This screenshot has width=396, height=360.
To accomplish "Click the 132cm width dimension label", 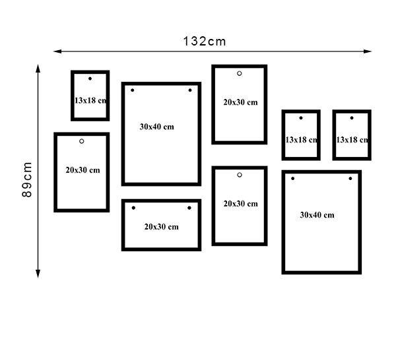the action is pyautogui.click(x=205, y=42).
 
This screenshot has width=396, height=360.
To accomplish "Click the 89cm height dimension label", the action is pyautogui.click(x=27, y=179).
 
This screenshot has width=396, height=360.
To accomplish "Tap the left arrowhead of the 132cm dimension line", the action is pyautogui.click(x=57, y=51).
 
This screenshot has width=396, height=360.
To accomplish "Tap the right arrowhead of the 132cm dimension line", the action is pyautogui.click(x=368, y=51).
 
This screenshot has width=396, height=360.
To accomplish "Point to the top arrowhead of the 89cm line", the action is pyautogui.click(x=38, y=69).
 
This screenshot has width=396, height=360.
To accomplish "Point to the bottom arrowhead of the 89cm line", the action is pyautogui.click(x=38, y=274).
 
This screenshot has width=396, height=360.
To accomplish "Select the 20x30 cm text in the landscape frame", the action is pyautogui.click(x=162, y=227).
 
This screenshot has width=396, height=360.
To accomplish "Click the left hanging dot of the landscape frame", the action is pyautogui.click(x=133, y=208).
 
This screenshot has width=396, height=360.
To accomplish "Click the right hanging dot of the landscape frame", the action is pyautogui.click(x=189, y=208).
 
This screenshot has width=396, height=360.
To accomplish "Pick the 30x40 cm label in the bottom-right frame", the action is pyautogui.click(x=317, y=215).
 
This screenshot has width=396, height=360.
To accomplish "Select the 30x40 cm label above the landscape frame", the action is pyautogui.click(x=156, y=127).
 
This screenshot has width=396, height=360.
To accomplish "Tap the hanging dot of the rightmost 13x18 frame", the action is pyautogui.click(x=352, y=118).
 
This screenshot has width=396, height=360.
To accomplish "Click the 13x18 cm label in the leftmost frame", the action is pyautogui.click(x=90, y=100).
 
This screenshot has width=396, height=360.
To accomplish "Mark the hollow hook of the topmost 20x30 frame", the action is pyautogui.click(x=240, y=73).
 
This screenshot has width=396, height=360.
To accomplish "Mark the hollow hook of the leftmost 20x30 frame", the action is pyautogui.click(x=82, y=141).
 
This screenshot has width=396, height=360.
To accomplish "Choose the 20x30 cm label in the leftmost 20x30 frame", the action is pyautogui.click(x=82, y=170).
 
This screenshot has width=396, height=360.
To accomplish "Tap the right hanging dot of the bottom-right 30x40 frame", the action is pyautogui.click(x=350, y=179).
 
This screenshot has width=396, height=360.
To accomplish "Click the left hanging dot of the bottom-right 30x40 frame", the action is pyautogui.click(x=292, y=179).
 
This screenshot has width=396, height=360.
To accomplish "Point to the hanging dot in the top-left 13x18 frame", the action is pyautogui.click(x=90, y=78).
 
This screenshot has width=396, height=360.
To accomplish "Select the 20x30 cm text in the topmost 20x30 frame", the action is pyautogui.click(x=240, y=102).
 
